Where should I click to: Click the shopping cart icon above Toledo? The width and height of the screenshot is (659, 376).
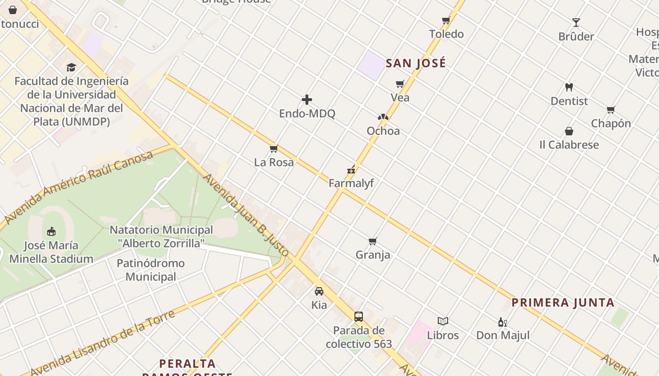[446, 20]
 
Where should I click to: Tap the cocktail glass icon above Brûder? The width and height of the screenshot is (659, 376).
[576, 23]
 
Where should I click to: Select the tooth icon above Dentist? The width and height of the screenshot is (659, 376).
[569, 87]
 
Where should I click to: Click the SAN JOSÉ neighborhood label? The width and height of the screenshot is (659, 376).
[416, 63]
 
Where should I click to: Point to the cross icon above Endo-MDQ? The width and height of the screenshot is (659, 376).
[307, 100]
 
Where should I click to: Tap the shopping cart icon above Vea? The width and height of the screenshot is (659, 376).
[400, 84]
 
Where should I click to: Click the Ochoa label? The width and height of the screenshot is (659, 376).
[383, 131]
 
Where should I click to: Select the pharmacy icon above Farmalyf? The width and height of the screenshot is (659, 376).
[351, 170]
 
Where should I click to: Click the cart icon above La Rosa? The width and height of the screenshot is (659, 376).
[273, 149]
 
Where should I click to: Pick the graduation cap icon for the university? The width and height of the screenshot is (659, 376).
[71, 68]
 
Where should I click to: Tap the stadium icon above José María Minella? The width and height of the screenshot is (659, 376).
[51, 231]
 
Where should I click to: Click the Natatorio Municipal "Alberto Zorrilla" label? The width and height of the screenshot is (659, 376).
[161, 236]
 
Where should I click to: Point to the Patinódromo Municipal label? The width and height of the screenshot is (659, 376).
[151, 270]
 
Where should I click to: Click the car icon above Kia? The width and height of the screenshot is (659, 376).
[319, 291]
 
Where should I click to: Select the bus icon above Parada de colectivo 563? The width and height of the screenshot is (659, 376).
[359, 316]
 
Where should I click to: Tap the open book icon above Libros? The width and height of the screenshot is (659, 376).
[442, 321]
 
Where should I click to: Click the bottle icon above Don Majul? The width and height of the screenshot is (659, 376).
[502, 322]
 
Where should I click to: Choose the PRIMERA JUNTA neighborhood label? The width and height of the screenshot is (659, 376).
[563, 303]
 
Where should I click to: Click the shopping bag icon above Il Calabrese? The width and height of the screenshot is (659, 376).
[569, 131]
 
